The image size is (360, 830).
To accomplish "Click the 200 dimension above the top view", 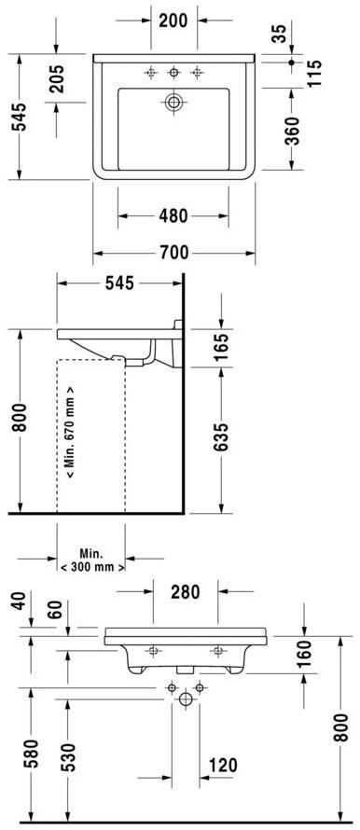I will [173, 20].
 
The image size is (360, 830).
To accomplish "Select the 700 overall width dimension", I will [173, 252].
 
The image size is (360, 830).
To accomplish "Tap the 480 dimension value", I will [173, 216].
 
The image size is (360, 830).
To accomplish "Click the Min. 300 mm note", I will [91, 560].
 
